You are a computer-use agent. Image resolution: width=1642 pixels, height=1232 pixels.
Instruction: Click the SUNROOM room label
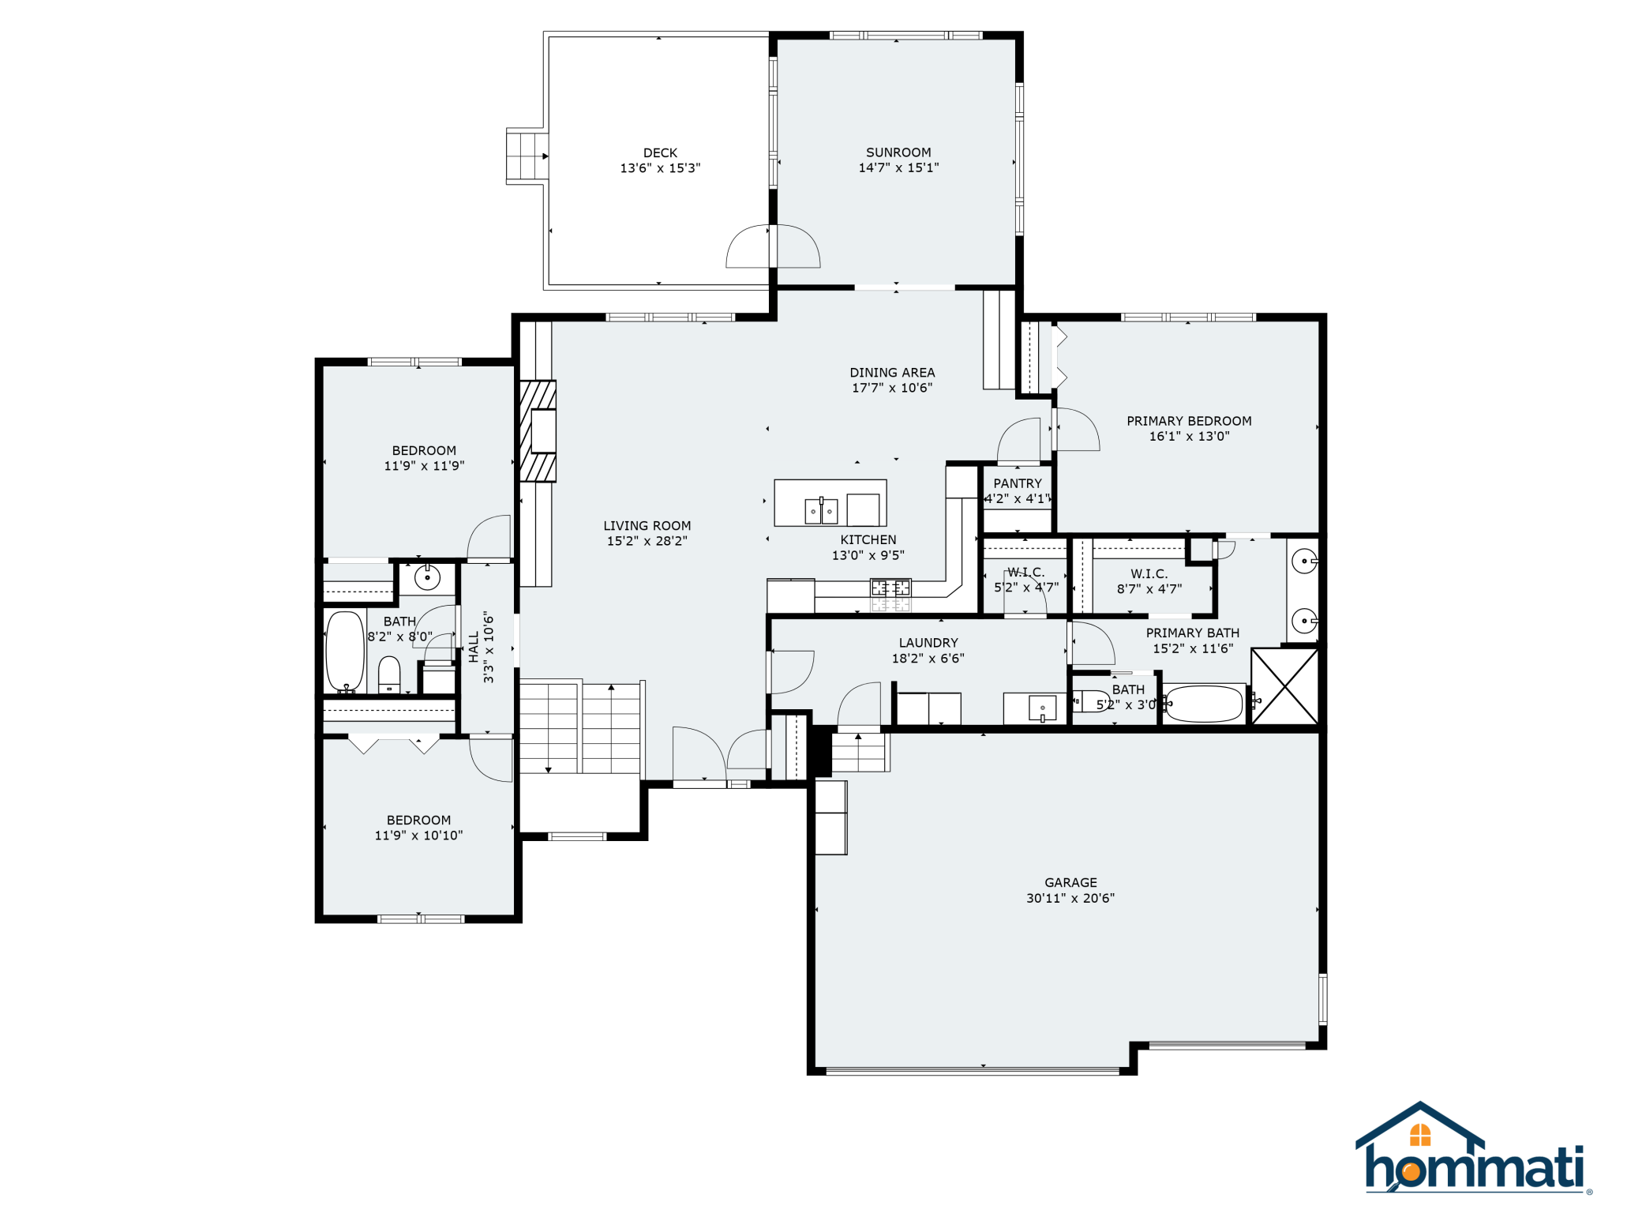(x=898, y=152)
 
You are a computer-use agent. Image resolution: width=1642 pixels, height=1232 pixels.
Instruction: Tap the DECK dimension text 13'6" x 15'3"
(x=660, y=168)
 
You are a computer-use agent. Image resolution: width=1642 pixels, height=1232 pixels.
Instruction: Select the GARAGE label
(x=1070, y=882)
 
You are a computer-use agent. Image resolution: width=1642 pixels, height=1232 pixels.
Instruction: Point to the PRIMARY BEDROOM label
(x=1189, y=421)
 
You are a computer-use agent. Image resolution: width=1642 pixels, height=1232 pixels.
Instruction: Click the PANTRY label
(x=1018, y=483)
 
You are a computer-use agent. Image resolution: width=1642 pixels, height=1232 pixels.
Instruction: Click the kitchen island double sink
(x=821, y=511)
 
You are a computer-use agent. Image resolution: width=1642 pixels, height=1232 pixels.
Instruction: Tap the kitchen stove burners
(x=890, y=588)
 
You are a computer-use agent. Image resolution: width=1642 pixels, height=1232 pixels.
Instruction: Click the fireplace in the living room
(x=538, y=431)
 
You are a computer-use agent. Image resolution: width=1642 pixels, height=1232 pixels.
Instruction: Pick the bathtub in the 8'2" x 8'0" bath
(x=345, y=652)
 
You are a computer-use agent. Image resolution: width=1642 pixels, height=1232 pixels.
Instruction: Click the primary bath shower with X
(x=1284, y=685)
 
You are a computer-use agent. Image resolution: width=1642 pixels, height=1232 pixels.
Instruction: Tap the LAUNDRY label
(x=928, y=643)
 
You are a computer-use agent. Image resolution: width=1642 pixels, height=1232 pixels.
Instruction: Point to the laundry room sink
(x=1042, y=708)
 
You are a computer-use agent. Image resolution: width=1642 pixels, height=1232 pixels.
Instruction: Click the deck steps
(x=527, y=156)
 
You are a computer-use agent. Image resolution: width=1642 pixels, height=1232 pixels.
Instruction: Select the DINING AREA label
(x=892, y=373)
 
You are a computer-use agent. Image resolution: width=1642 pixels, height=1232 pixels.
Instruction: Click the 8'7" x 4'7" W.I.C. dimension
(x=1149, y=589)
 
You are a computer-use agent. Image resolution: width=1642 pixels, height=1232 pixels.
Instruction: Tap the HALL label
(x=474, y=647)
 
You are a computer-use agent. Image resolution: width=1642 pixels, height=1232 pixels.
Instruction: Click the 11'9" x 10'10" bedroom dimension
(x=418, y=836)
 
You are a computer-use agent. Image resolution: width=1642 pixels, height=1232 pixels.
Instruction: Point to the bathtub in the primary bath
(x=1204, y=704)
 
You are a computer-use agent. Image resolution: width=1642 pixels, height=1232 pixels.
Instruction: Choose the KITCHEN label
(x=868, y=539)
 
